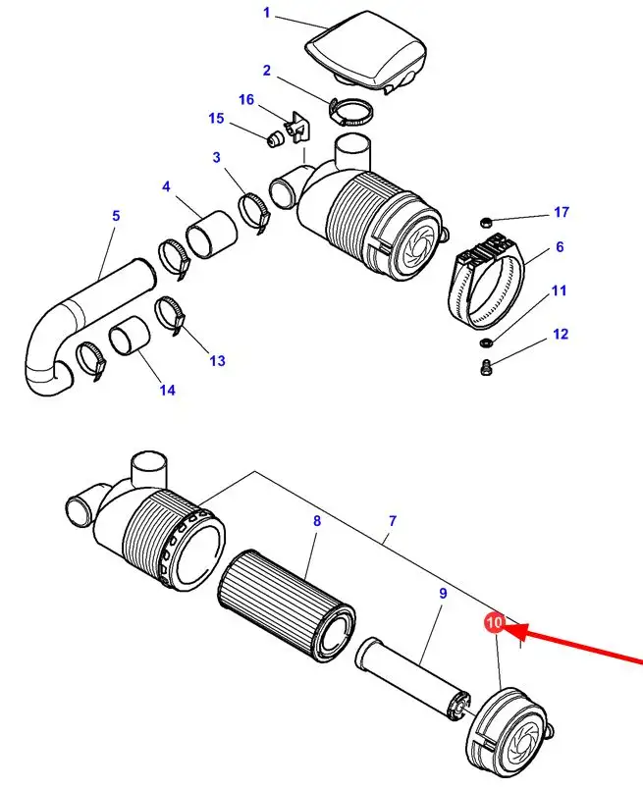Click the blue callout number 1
[x=267, y=12]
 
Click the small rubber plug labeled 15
[x=274, y=139]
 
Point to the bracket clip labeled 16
[x=298, y=129]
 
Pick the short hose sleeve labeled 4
[x=211, y=235]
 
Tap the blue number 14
[x=167, y=390]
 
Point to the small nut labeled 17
[x=485, y=222]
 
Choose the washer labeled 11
[x=485, y=342]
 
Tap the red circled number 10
[x=495, y=622]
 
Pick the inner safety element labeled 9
[x=412, y=674]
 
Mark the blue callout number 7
[x=393, y=521]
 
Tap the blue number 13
[x=217, y=360]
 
